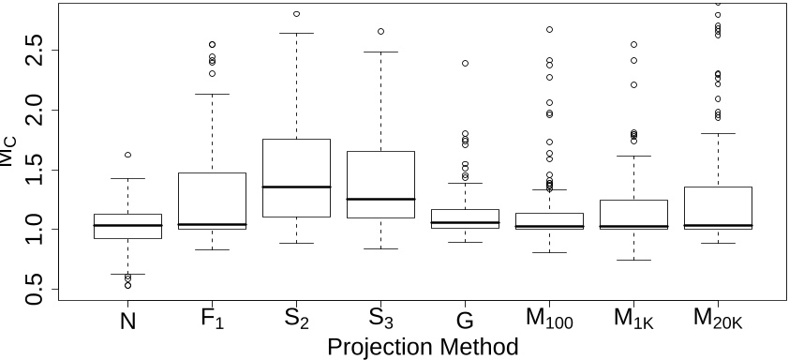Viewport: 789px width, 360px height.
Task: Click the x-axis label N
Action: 127,321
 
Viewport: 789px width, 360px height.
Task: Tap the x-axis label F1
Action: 213,321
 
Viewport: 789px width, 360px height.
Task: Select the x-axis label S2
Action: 296,321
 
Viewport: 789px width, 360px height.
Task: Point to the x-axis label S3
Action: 380,321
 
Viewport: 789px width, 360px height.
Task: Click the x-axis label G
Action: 465,321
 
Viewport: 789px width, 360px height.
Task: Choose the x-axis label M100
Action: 549,322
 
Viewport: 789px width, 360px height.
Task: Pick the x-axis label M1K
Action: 633,322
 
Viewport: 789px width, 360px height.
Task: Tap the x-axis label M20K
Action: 718,322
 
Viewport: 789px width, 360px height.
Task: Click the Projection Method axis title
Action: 422,347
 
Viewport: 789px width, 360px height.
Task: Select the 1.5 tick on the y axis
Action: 33,170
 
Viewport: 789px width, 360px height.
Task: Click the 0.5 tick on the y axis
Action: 33,289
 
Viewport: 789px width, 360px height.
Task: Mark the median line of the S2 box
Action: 296,187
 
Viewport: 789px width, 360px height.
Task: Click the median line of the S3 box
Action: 380,199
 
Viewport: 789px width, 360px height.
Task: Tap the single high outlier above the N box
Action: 127,155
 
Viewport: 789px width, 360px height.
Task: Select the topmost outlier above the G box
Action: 465,64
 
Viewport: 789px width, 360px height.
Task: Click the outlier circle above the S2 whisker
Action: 296,14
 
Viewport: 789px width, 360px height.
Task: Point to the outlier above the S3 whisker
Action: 380,32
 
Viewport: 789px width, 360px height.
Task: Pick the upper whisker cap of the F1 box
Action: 213,94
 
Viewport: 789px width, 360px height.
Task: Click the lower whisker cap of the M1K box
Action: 633,260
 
